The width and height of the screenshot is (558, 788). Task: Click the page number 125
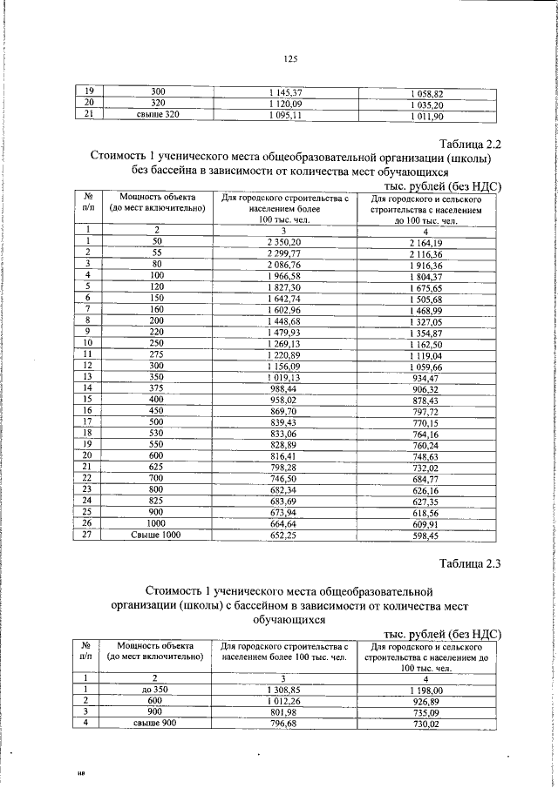click(x=291, y=59)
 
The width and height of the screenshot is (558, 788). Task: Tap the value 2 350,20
click(x=283, y=241)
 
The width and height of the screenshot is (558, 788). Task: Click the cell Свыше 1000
click(x=158, y=535)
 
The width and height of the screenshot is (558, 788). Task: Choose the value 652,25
click(x=283, y=535)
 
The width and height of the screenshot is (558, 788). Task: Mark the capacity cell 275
click(x=158, y=354)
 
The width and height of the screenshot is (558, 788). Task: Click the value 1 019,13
click(x=283, y=377)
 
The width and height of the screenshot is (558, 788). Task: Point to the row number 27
click(x=88, y=535)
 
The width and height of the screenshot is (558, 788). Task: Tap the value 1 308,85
click(x=283, y=689)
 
